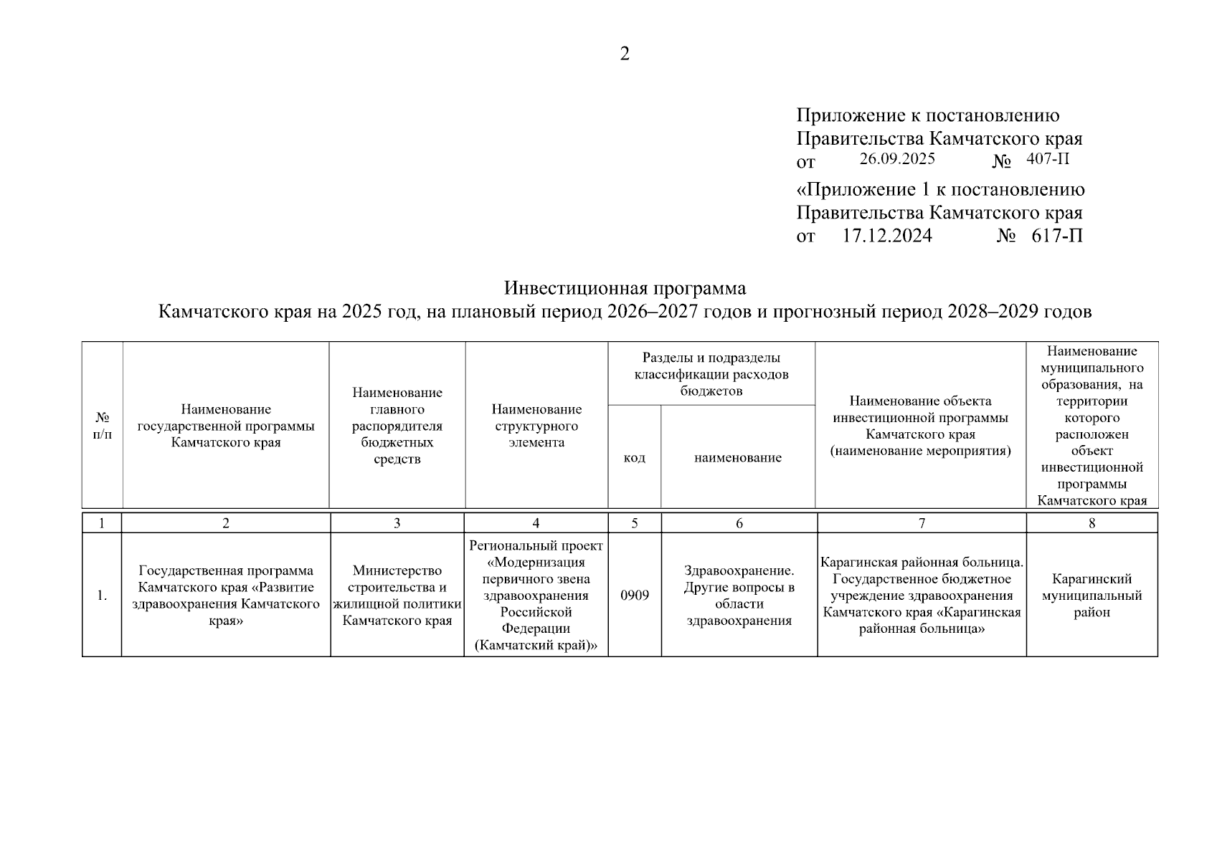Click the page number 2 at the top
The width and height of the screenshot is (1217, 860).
click(x=624, y=54)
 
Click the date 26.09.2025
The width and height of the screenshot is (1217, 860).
click(x=896, y=159)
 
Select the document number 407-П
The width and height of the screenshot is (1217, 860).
click(x=1047, y=159)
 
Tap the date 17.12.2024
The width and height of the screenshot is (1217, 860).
click(x=886, y=236)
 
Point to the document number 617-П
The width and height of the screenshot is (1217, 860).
click(x=1057, y=236)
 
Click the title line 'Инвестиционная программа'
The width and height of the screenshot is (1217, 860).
click(x=625, y=288)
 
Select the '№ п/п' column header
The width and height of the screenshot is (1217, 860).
click(x=103, y=426)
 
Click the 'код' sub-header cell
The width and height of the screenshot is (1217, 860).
click(x=634, y=457)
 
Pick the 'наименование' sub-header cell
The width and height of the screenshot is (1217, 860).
click(x=737, y=457)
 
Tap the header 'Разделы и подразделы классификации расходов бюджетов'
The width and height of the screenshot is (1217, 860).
click(x=711, y=374)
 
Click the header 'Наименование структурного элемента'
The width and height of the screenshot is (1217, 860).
click(x=536, y=426)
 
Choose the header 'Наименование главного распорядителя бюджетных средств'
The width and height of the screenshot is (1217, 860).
click(x=397, y=426)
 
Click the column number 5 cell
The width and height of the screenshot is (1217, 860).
click(x=635, y=523)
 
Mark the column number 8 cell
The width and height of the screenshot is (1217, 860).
click(x=1091, y=523)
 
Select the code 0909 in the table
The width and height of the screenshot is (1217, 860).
click(x=635, y=596)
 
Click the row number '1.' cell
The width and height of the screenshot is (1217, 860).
click(x=103, y=596)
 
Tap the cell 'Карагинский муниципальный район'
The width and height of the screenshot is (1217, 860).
click(x=1091, y=596)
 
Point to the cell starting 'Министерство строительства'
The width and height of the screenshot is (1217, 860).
click(x=397, y=596)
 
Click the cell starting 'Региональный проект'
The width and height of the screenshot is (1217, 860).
click(x=536, y=596)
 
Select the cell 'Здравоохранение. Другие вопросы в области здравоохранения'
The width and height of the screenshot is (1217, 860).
click(x=739, y=596)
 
